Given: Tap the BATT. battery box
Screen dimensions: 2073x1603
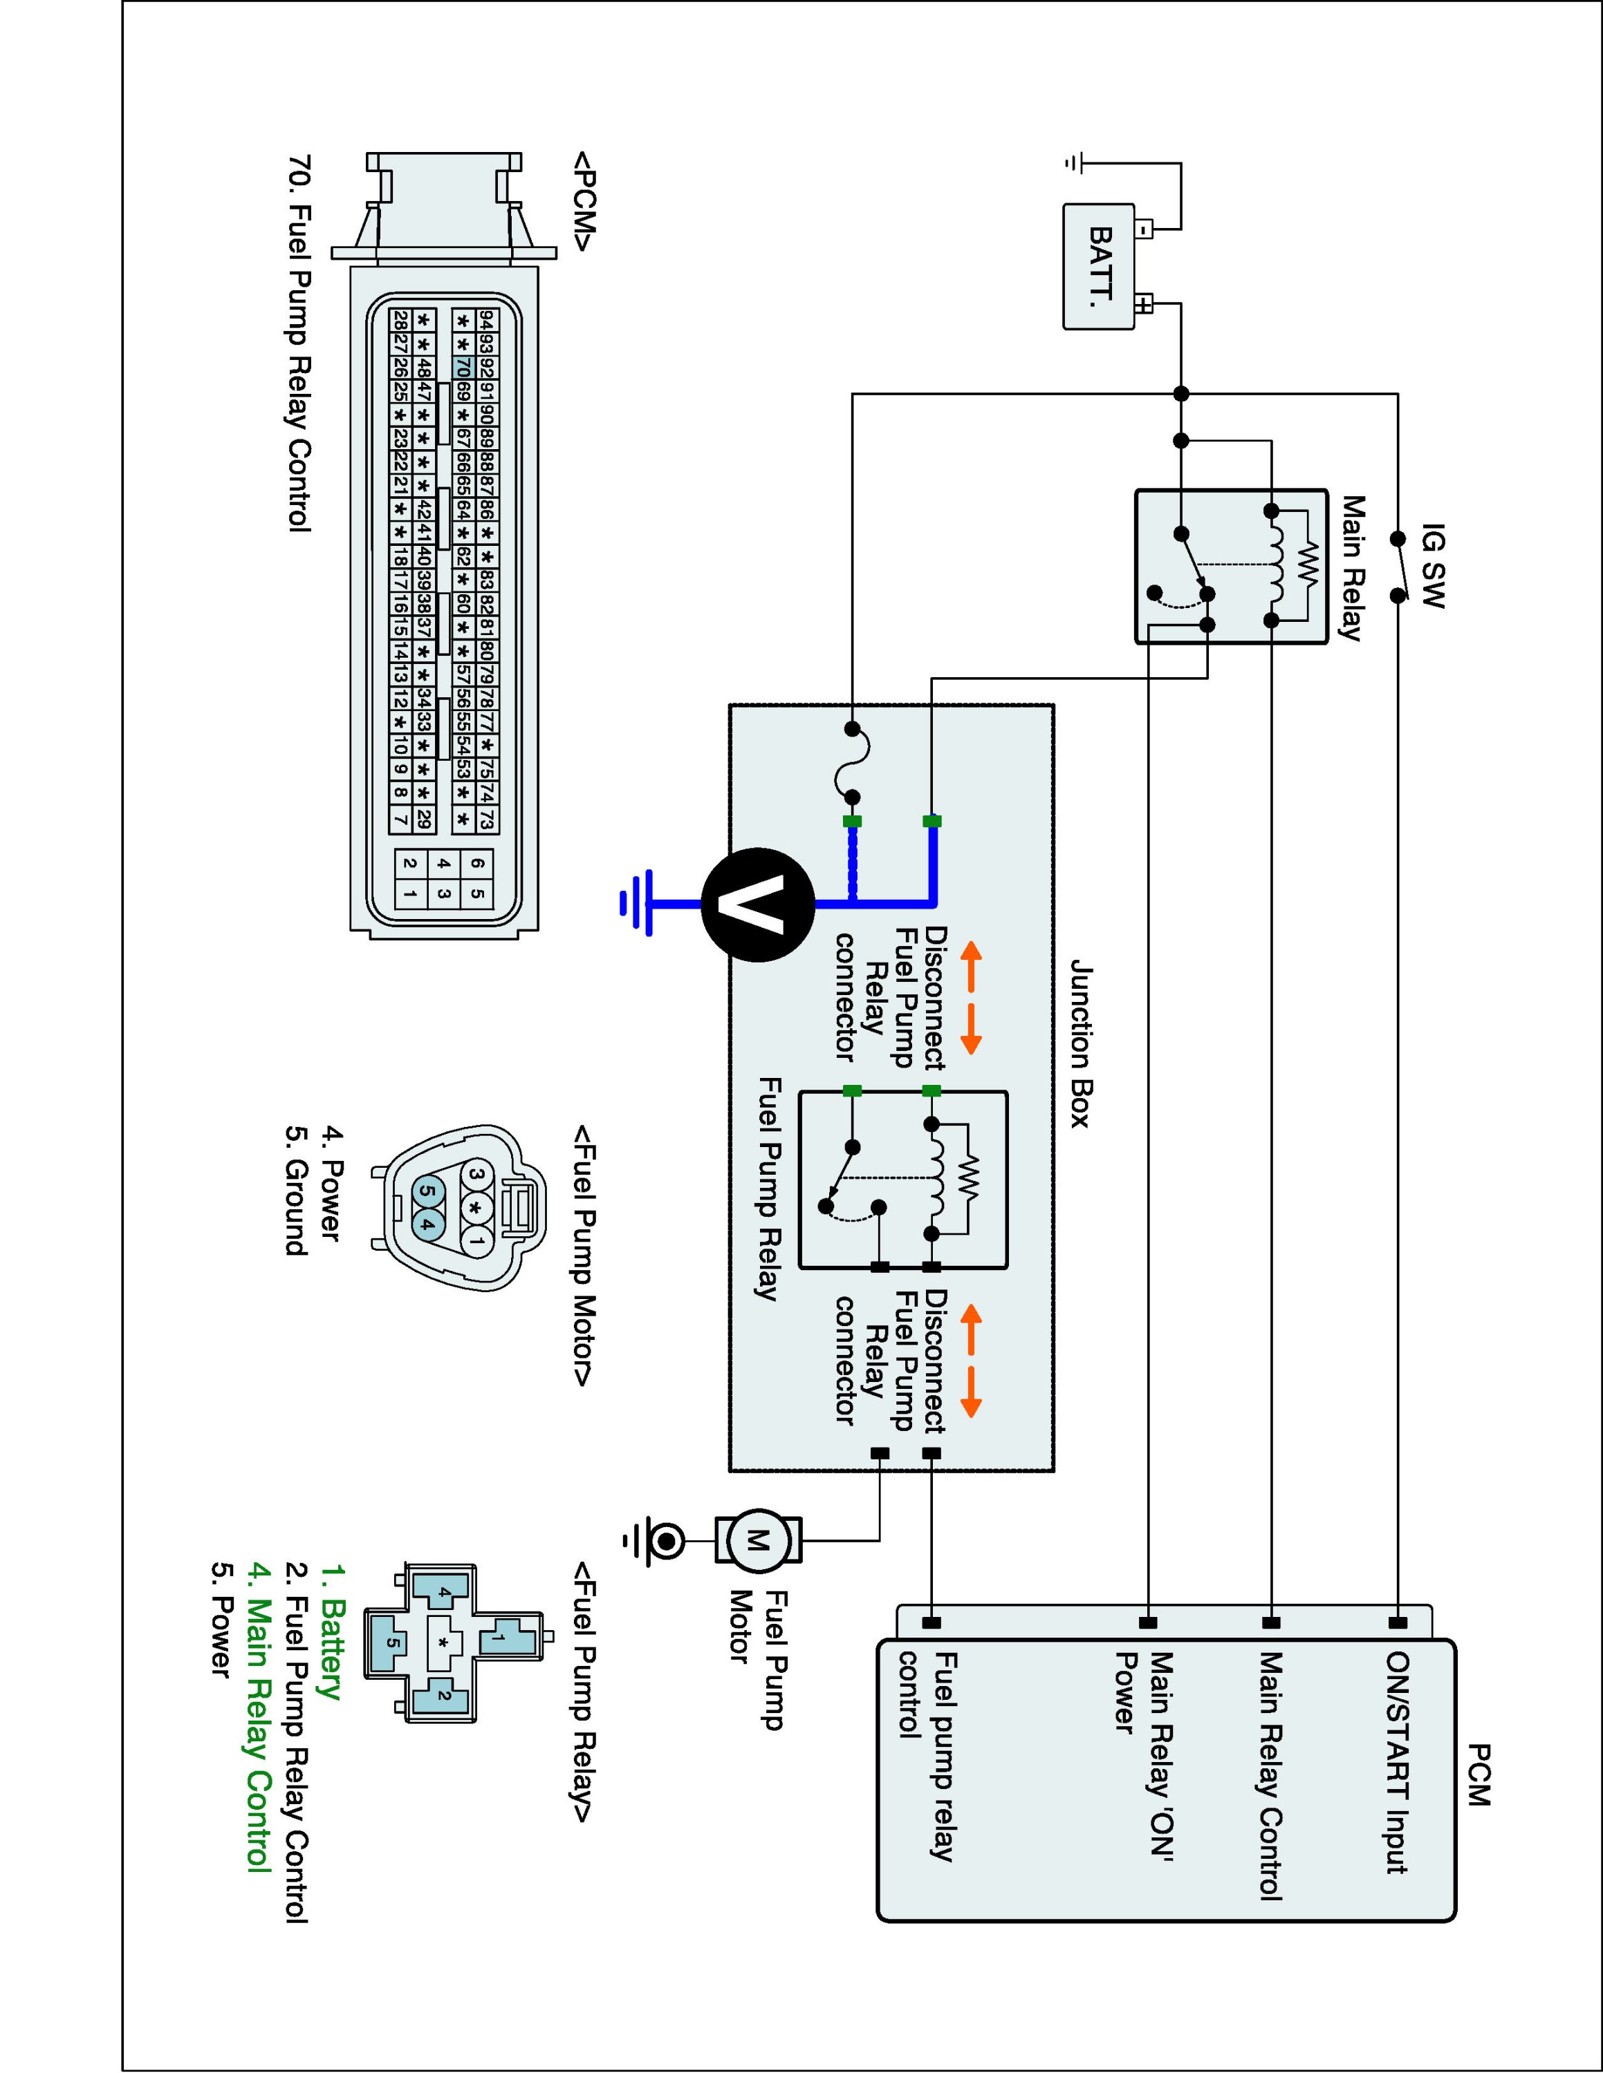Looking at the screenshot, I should coord(1100,266).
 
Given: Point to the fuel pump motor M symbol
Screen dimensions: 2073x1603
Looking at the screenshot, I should coord(757,1540).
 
